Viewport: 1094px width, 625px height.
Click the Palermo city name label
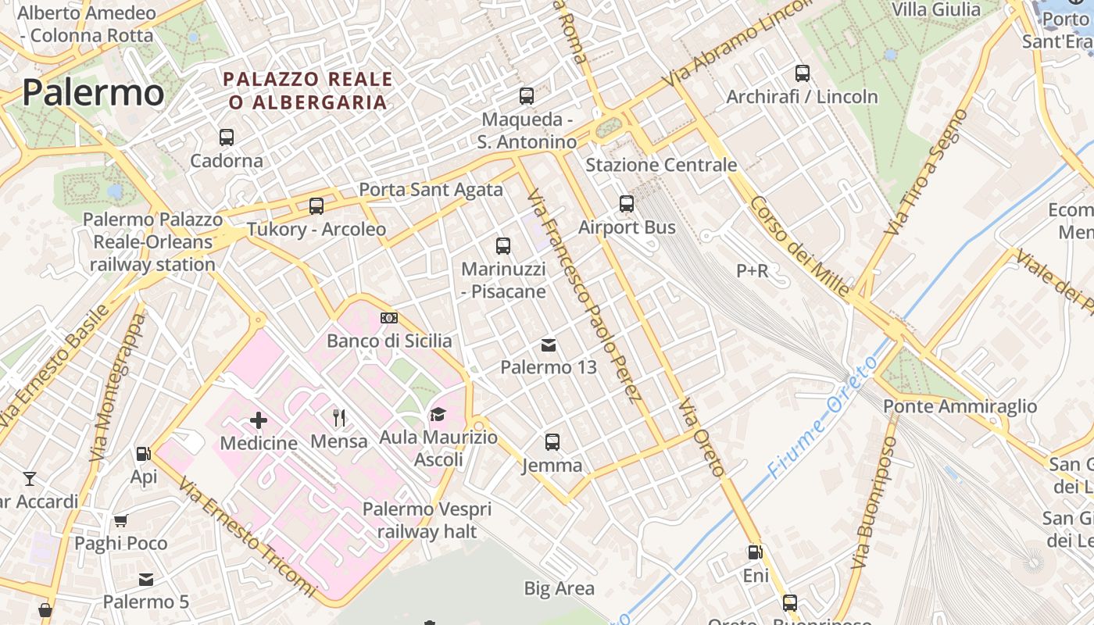pos(93,92)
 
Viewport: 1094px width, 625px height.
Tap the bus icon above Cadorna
pos(227,137)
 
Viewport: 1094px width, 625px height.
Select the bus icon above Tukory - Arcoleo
pos(316,206)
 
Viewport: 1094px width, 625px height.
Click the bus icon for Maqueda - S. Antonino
pos(527,96)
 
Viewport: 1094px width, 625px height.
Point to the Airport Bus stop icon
pos(627,204)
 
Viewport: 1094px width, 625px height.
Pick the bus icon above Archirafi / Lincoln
pos(803,73)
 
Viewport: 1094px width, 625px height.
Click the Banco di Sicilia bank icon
pos(389,318)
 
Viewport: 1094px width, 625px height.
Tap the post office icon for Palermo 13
pos(549,345)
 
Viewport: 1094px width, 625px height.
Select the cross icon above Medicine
pos(259,420)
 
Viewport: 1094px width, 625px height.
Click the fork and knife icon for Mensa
pos(339,418)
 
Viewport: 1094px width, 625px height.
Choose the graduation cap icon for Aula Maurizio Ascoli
pos(438,415)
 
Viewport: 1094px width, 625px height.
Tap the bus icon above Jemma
pos(552,442)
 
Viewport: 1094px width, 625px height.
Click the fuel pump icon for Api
pos(143,453)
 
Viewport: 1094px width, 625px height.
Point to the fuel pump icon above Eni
pos(755,552)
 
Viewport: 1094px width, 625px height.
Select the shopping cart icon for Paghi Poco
pos(120,520)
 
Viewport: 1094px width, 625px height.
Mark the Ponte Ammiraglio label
pos(960,406)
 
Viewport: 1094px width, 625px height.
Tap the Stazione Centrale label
pos(661,165)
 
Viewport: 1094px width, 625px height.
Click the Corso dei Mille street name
pos(799,246)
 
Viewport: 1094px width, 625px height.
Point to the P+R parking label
pos(753,271)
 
